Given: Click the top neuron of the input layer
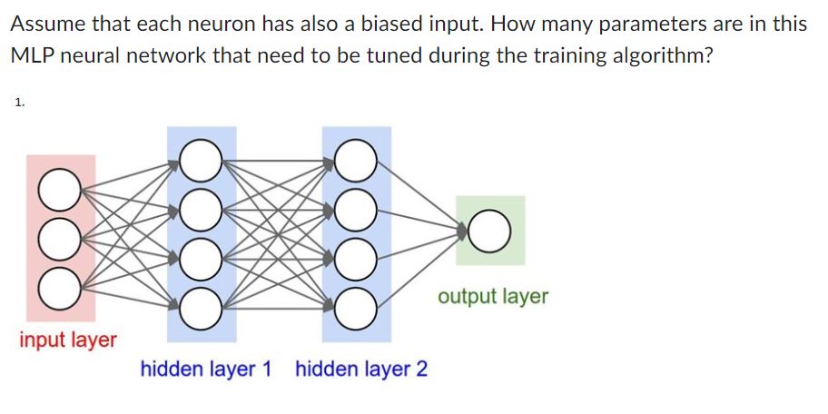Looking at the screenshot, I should [57, 190].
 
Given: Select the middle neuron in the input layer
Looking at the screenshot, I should [57, 239].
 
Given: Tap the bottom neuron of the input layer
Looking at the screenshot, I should [57, 288].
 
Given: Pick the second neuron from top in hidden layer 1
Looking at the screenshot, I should [201, 210].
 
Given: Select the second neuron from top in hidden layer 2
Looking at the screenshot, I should [356, 210].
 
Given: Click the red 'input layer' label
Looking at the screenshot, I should [68, 340].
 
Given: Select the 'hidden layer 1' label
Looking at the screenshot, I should [206, 370].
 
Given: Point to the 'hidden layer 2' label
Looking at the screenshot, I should [361, 370].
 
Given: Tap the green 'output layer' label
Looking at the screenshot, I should [493, 297].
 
